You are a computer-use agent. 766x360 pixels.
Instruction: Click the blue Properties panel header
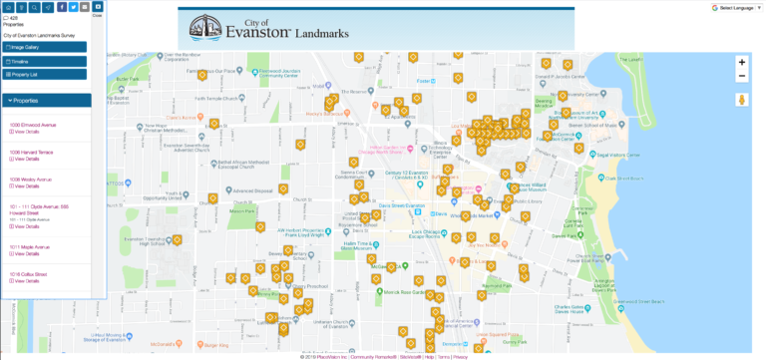point(46,101)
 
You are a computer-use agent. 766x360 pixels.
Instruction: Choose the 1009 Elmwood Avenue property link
point(33,125)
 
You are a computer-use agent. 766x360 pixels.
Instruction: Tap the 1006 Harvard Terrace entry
point(31,152)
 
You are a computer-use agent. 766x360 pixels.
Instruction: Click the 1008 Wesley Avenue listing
point(30,180)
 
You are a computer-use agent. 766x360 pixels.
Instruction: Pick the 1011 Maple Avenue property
point(29,246)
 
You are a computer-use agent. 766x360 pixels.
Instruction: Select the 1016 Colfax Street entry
point(29,273)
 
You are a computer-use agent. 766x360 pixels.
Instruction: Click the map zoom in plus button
point(741,62)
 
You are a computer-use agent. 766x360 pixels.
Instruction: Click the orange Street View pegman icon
point(741,100)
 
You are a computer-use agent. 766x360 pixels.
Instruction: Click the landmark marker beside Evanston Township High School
point(178,239)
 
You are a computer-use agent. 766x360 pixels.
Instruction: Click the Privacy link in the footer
point(460,356)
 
